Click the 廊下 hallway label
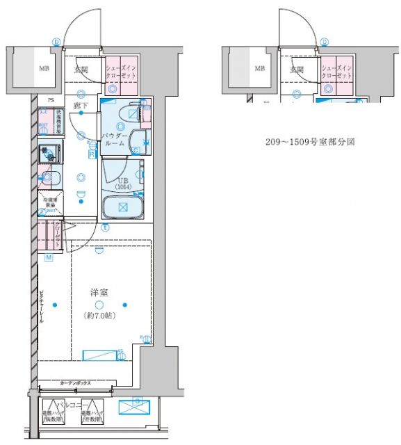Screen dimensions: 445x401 coord(82,106)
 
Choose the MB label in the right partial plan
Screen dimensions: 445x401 coord(259,69)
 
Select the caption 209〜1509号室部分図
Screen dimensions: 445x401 coord(301,141)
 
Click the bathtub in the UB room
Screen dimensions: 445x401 coord(122,207)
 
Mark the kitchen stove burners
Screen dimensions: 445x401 coord(49,152)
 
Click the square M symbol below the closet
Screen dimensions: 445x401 coord(49,258)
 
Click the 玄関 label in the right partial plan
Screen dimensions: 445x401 coord(298,70)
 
